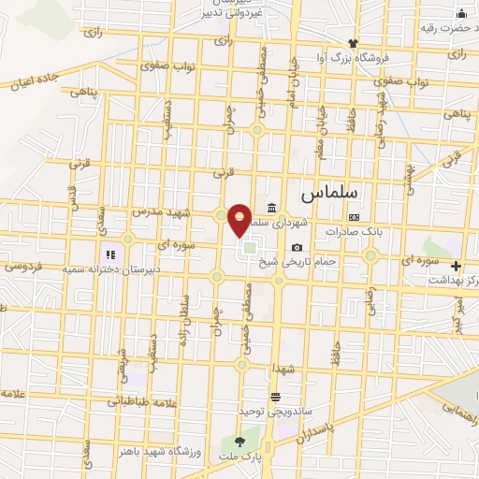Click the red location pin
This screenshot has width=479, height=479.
pyautogui.click(x=240, y=220)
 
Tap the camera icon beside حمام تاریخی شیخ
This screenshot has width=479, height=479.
pyautogui.click(x=297, y=247)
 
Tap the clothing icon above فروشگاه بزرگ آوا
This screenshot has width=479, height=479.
pyautogui.click(x=353, y=43)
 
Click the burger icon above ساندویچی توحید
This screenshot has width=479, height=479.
pyautogui.click(x=275, y=396)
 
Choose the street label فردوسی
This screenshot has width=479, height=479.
pyautogui.click(x=22, y=267)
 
